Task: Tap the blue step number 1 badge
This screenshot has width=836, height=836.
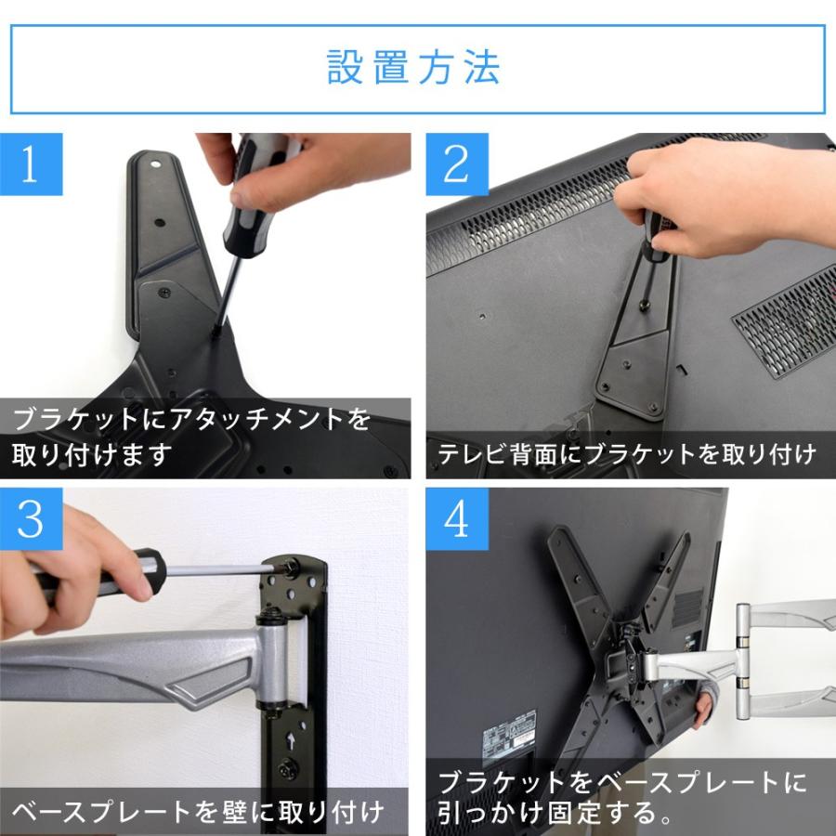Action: point(32,164)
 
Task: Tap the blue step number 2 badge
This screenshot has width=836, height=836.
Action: point(457,164)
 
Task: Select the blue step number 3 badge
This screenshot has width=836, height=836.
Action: point(32,520)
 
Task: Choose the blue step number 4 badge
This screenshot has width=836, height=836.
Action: point(457,520)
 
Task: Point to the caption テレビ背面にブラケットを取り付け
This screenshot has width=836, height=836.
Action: point(627,454)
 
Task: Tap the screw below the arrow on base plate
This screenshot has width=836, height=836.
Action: point(293,768)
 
